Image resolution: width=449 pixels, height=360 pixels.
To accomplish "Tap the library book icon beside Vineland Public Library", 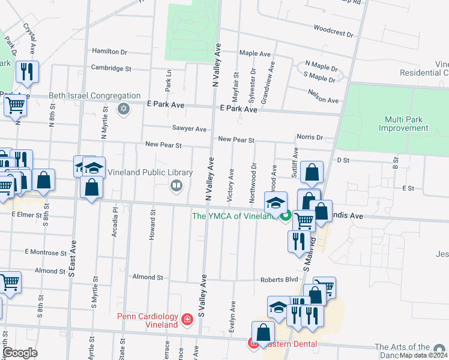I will pos(176,185).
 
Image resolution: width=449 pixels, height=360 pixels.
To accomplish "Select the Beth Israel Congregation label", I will pos(94,96).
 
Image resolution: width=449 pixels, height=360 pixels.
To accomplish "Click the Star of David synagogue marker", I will pos(124,109).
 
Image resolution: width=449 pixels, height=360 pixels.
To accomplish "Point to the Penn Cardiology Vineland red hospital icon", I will pos(187,319).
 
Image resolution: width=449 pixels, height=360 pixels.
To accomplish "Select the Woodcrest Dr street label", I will pos(333,31).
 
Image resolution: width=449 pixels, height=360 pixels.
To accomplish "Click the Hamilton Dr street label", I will pos(110,52).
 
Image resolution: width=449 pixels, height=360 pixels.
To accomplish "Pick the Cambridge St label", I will pos(111,68).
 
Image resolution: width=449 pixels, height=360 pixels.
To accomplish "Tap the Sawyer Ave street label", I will pos(189,129).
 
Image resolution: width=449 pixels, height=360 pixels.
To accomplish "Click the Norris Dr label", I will pos(310,137).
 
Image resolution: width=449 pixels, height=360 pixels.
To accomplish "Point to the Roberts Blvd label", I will pos(279,280).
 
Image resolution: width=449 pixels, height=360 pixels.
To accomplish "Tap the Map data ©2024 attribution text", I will pos(423,355).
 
